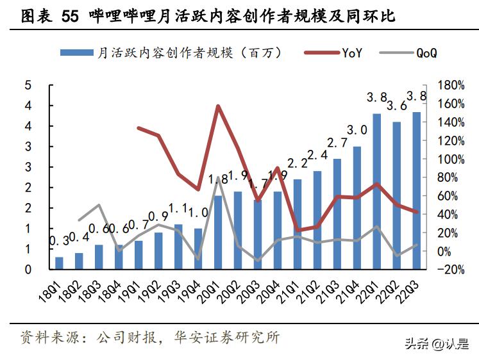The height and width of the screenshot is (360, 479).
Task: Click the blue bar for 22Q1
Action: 376,192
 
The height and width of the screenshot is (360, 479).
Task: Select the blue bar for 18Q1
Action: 59,263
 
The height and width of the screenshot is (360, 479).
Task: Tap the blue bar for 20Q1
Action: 218,233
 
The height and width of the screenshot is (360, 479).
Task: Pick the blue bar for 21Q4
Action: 357,208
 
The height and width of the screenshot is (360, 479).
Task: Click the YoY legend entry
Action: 337,53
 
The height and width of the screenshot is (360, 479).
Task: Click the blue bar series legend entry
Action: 170,53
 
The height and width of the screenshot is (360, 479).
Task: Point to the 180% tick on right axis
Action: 450,85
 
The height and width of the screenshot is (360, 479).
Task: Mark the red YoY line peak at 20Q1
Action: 218,106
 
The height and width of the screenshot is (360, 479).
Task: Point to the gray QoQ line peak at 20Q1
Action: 218,178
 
